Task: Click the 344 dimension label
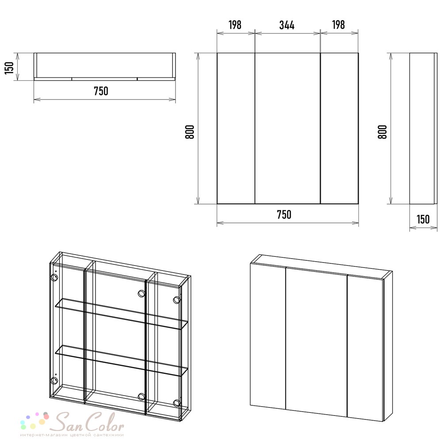point(287,25)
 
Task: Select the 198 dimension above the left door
point(235,25)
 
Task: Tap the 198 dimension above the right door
point(338,25)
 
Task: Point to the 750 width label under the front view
point(284,215)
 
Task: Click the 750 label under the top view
point(101,91)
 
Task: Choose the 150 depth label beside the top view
point(10,68)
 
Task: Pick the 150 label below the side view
point(423,219)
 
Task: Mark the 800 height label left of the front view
point(190,132)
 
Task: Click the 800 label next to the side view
point(382,132)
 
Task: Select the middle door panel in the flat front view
point(288,128)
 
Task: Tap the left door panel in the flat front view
point(236,128)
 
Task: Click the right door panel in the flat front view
point(339,128)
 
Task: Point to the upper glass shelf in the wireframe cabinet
point(121,314)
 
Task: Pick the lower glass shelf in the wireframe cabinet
point(121,361)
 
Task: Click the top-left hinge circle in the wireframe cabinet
point(54,277)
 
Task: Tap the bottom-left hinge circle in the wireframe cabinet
point(54,381)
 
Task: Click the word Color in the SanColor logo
point(105,423)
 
